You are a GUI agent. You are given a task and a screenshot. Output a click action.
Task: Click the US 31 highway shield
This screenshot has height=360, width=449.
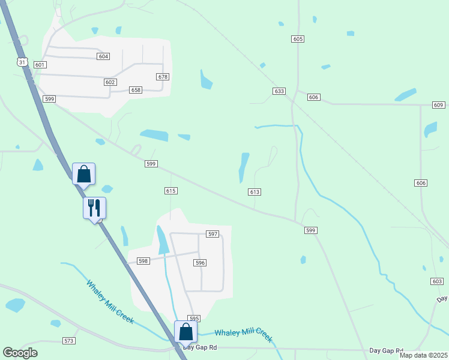click(22, 62)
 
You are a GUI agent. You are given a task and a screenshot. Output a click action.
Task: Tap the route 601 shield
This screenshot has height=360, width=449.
click(40, 65)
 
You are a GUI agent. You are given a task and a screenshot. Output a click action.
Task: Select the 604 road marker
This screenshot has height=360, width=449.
click(103, 56)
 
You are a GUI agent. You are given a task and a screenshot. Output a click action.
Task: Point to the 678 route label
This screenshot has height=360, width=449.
click(163, 77)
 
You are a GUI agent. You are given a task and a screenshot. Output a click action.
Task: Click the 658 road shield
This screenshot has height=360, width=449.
click(136, 90)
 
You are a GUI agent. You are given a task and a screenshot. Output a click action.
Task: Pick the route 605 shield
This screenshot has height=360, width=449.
click(298, 39)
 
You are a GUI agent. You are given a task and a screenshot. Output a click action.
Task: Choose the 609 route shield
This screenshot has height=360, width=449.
click(438, 105)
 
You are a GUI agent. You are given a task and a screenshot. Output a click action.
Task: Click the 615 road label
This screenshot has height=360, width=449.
click(170, 190)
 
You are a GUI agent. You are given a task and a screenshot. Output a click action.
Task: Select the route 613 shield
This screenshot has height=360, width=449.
click(254, 191)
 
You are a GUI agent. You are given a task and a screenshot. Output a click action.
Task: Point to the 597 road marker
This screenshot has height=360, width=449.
click(212, 234)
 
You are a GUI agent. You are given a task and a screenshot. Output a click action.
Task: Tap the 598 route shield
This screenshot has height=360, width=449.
click(143, 261)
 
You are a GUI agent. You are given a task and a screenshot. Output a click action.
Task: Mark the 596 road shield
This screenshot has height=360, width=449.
click(200, 263)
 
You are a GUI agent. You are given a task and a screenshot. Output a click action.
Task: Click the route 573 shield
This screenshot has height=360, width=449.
click(69, 341)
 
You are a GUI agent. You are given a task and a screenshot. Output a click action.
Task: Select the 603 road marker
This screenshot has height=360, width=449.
click(437, 281)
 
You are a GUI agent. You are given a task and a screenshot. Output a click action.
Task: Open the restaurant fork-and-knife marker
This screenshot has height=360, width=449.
click(94, 208)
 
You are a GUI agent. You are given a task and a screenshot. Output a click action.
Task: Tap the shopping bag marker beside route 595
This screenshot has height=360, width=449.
click(186, 332)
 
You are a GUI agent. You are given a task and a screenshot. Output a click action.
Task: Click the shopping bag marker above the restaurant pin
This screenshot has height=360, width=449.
click(84, 174)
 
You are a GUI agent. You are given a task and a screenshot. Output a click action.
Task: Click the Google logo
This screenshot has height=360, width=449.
click(20, 353)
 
